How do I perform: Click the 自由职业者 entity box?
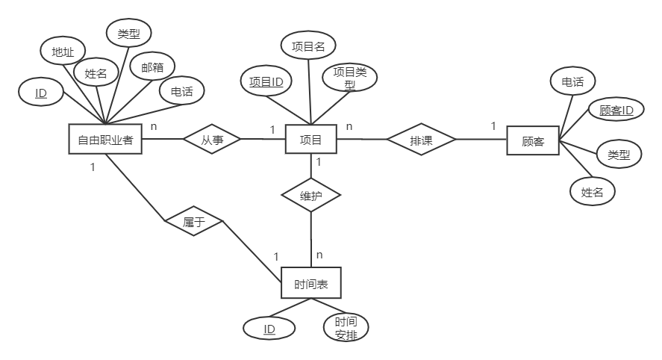click(105, 139)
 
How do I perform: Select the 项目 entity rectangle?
click(310, 139)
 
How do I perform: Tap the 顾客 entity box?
click(532, 140)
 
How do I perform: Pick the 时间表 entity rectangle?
click(311, 284)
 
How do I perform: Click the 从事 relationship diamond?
click(211, 139)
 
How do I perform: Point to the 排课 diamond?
click(421, 139)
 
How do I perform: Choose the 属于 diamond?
click(193, 221)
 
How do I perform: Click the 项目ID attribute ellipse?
click(266, 82)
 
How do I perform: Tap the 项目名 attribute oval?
click(308, 46)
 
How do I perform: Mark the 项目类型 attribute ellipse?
click(349, 78)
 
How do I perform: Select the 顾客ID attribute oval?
click(616, 111)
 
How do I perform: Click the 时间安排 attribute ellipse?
click(346, 327)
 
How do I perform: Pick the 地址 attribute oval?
click(63, 52)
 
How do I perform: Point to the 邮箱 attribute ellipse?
click(147, 67)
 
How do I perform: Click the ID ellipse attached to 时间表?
click(269, 328)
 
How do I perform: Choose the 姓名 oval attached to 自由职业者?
click(96, 73)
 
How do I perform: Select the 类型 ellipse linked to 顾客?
click(619, 155)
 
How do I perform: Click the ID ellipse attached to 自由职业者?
click(42, 93)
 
